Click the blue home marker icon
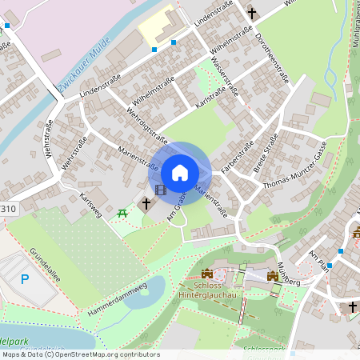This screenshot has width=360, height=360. pyautogui.click(x=180, y=172)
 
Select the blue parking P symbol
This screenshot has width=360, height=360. pyautogui.click(x=25, y=279)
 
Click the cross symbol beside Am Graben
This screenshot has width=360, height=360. pyautogui.click(x=146, y=204)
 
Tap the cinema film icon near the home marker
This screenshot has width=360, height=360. pyautogui.click(x=162, y=190)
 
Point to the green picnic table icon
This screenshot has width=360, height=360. pyautogui.click(x=122, y=213)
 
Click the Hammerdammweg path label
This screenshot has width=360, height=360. pyautogui.click(x=118, y=297)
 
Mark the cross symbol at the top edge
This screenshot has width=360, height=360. pyautogui.click(x=253, y=13)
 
